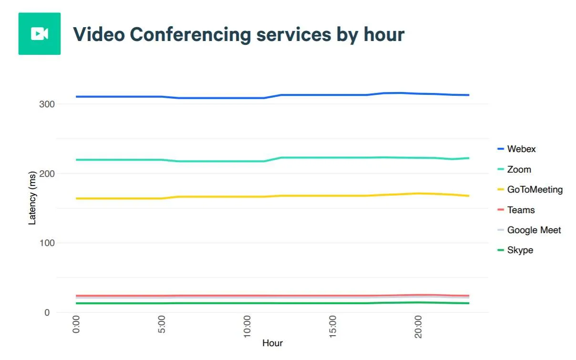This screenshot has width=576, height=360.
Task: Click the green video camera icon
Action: pyautogui.click(x=39, y=34)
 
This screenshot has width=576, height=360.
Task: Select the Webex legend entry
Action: pyautogui.click(x=521, y=149)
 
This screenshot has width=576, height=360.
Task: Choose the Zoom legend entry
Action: pyautogui.click(x=519, y=169)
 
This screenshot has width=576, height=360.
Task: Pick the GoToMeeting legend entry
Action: pyautogui.click(x=535, y=190)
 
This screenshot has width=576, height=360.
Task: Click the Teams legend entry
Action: pyautogui.click(x=521, y=210)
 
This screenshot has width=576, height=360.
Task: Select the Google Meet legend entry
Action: pyautogui.click(x=534, y=230)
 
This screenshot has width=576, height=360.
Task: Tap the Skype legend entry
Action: pyautogui.click(x=520, y=250)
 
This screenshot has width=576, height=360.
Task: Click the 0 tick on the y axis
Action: pyautogui.click(x=46, y=313)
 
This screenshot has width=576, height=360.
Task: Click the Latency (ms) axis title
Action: pyautogui.click(x=32, y=198)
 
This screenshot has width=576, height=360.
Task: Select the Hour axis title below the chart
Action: pyautogui.click(x=272, y=343)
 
